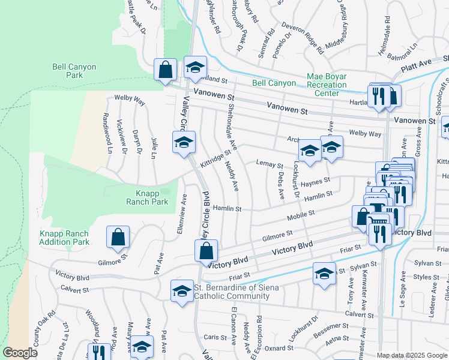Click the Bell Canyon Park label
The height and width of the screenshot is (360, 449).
pyautogui.click(x=74, y=71)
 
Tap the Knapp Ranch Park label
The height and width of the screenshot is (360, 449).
pyautogui.click(x=147, y=197)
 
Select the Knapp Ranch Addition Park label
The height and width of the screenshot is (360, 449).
pyautogui.click(x=64, y=238)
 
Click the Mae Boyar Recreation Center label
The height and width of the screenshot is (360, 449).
pyautogui.click(x=327, y=85)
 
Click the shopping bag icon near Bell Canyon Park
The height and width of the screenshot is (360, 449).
pyautogui.click(x=165, y=70)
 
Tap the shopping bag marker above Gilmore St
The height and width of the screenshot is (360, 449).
pyautogui.click(x=118, y=237)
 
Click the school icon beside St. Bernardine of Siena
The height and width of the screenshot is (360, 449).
pyautogui.click(x=181, y=291)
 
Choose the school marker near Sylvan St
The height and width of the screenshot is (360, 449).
pyautogui.click(x=324, y=274)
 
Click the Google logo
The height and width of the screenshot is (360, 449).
pyautogui.click(x=20, y=353)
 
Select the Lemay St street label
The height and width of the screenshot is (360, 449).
pyautogui.click(x=269, y=164)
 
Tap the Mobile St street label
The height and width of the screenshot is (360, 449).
pyautogui.click(x=301, y=214)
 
